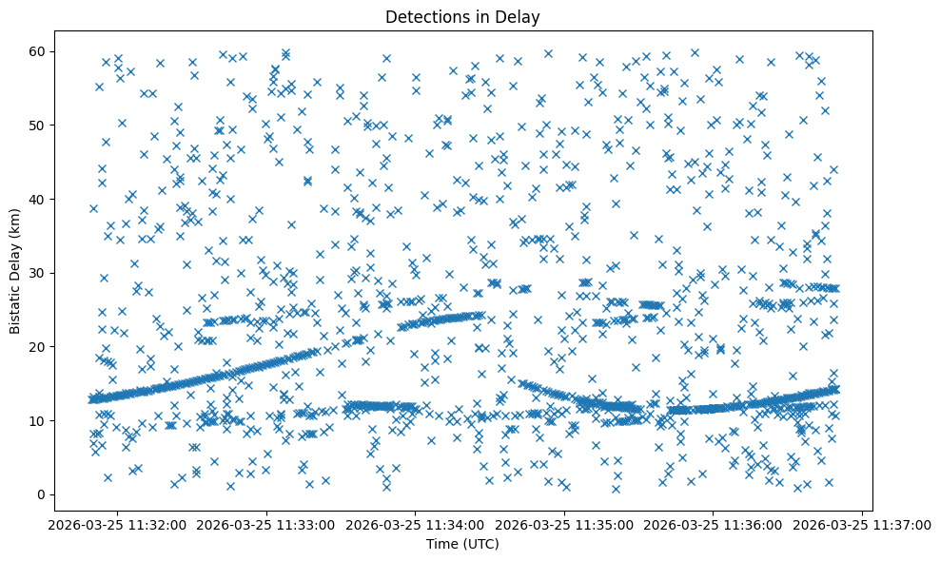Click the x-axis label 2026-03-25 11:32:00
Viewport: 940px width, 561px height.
click(x=117, y=524)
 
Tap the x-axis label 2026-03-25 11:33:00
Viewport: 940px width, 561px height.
click(x=266, y=524)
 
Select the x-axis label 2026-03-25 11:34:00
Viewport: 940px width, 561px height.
click(x=416, y=524)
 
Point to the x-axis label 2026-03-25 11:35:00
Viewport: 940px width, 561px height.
click(x=565, y=524)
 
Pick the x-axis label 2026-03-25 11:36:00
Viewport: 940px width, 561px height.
click(x=715, y=524)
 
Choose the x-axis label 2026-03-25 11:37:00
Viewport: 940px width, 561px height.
click(x=863, y=524)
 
